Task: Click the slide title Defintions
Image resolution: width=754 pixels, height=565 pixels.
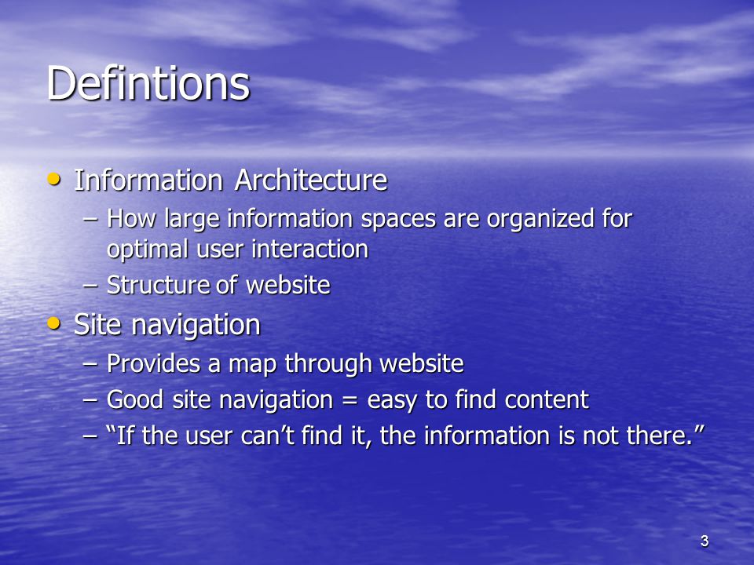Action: pos(148,83)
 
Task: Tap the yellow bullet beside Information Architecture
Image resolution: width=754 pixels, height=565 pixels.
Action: pos(54,180)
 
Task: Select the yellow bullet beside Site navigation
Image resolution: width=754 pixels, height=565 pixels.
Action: pos(54,323)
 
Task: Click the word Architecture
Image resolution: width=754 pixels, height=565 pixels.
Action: pos(311,180)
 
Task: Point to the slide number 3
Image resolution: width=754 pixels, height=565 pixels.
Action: pos(705,541)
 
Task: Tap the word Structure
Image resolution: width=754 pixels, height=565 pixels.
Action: pos(158,285)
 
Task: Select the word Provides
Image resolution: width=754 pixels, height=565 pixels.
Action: pos(153,363)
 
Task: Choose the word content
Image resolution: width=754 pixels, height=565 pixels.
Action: pos(547,399)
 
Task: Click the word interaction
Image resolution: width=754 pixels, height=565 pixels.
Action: pos(309,250)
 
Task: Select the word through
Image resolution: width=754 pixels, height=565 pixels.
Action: pos(328,364)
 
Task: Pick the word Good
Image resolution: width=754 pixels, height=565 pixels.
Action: pos(134,399)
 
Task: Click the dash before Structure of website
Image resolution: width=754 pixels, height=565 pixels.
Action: pos(90,285)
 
